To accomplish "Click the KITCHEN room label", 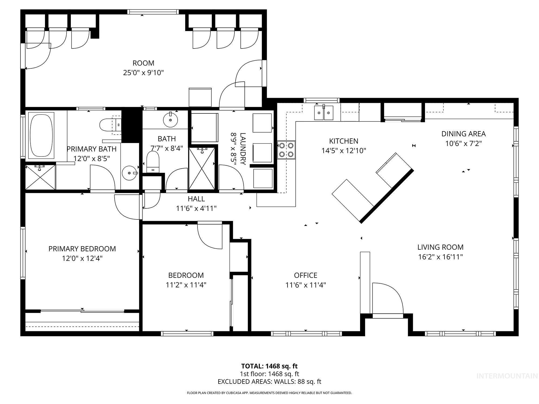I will [x=344, y=141].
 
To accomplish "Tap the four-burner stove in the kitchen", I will [x=286, y=150].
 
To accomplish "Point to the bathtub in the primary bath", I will [x=41, y=135].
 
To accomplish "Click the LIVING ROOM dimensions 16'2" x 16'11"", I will [x=440, y=257].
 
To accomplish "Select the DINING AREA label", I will [x=463, y=134].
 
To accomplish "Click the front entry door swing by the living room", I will [x=387, y=298].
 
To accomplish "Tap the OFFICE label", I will [x=306, y=275].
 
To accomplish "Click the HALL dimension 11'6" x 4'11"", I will [x=196, y=208].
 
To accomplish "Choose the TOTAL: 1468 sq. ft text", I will [x=269, y=366].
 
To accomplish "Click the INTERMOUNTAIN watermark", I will [x=507, y=376].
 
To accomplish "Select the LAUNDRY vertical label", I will [x=243, y=149].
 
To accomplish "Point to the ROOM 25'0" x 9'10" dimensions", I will [x=143, y=73].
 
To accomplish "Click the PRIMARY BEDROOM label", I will [x=82, y=249].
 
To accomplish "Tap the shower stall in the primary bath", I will [x=40, y=177].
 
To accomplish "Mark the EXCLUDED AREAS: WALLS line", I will [x=269, y=382].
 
